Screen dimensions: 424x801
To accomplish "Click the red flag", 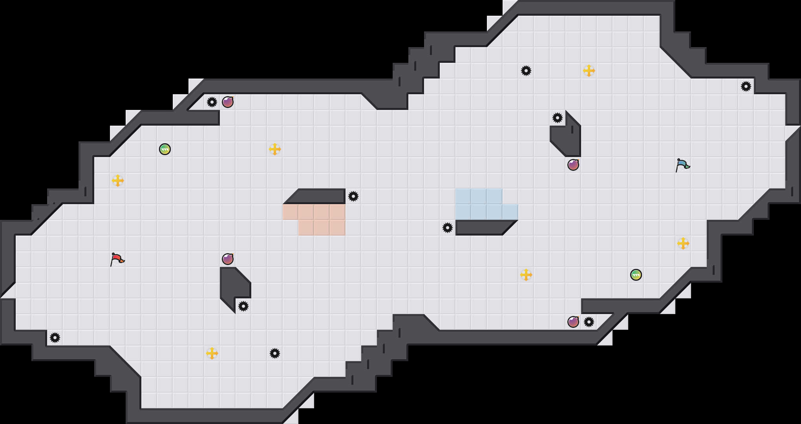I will pos(117,259).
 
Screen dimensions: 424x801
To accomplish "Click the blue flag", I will pos(682,165).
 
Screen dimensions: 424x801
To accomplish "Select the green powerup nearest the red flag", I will pos(165,149).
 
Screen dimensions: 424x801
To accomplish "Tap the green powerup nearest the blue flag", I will pos(636,275).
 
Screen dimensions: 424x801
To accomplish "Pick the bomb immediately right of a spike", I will pos(228,102).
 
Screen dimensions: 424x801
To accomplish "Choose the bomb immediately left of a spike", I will pos(573,322).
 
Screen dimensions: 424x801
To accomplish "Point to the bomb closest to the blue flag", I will pos(573,165).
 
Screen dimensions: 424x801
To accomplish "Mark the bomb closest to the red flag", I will pos(228,259).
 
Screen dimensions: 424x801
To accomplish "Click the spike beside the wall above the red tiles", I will pos(353,196).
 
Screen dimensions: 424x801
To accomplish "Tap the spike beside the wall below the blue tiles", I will pos(448,228).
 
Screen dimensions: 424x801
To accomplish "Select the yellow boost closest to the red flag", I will pos(118,181).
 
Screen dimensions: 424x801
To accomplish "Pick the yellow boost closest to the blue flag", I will pos(683,243).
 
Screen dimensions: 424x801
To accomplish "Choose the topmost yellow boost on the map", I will pos(589,71).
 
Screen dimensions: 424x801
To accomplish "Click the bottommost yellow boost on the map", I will pos(212,353).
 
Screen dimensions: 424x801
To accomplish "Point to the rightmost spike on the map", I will pos(746,86).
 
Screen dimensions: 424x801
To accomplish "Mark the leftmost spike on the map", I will pos(55,338).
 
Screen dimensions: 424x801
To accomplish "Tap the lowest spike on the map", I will pos(275,353).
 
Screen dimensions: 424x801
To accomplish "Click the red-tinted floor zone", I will pos(322,220).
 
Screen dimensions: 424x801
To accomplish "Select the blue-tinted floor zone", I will pos(479,204).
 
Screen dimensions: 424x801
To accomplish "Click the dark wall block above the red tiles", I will pos(318,196).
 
